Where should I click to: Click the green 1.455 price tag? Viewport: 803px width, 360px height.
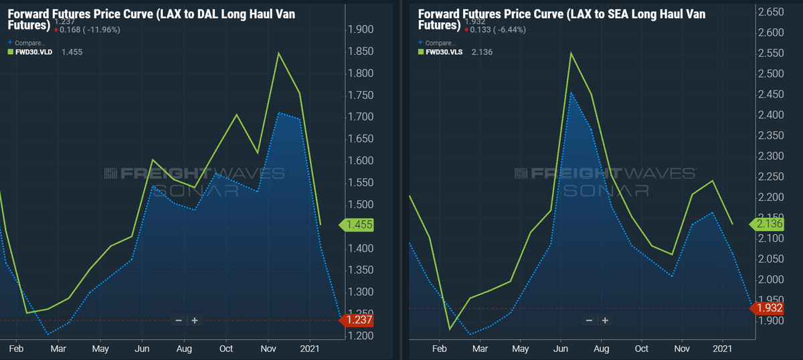pyautogui.click(x=357, y=225)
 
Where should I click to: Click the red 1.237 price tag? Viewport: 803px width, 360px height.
pyautogui.click(x=357, y=320)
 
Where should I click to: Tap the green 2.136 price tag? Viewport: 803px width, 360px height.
pyautogui.click(x=767, y=224)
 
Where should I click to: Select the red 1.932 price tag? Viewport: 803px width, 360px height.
pyautogui.click(x=767, y=308)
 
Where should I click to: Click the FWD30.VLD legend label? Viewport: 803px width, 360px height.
pyautogui.click(x=33, y=52)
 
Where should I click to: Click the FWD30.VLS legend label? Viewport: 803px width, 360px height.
pyautogui.click(x=444, y=52)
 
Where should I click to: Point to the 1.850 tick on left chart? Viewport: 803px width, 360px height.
pyautogui.click(x=361, y=52)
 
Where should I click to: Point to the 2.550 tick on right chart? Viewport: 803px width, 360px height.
pyautogui.click(x=771, y=53)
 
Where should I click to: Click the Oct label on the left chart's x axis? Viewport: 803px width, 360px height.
pyautogui.click(x=226, y=349)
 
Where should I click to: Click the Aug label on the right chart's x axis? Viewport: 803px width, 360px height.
pyautogui.click(x=601, y=349)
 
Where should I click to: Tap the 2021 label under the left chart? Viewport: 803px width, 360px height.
pyautogui.click(x=310, y=349)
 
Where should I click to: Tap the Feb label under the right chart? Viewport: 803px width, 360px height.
pyautogui.click(x=439, y=349)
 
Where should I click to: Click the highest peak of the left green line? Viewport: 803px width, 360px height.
pyautogui.click(x=278, y=53)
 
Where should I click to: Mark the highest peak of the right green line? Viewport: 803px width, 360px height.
pyautogui.click(x=571, y=53)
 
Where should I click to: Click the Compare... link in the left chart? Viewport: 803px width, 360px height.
pyautogui.click(x=30, y=43)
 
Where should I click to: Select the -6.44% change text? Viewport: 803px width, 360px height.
pyautogui.click(x=511, y=29)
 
